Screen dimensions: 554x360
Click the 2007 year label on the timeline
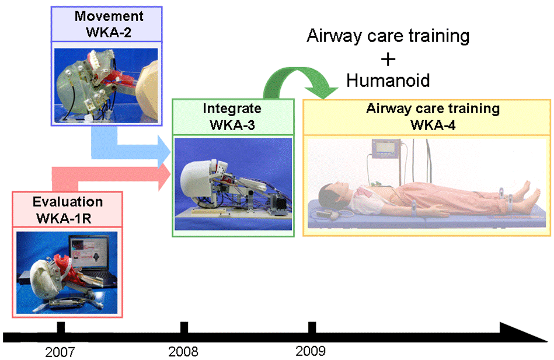60,352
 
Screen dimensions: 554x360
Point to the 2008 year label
183,351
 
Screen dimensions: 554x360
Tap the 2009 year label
311,351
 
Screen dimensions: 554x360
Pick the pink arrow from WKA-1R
106,175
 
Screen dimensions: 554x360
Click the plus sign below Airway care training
388,59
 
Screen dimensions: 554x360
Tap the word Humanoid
388,81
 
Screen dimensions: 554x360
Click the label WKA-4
433,125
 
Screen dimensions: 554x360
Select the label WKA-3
232,125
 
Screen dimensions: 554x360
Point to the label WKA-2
109,32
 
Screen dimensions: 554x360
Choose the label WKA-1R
64,218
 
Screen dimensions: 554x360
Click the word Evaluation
68,202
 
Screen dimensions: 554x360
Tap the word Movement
109,16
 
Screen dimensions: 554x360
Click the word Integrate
232,109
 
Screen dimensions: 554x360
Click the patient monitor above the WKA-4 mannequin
386,148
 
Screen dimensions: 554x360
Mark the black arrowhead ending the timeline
523,333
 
